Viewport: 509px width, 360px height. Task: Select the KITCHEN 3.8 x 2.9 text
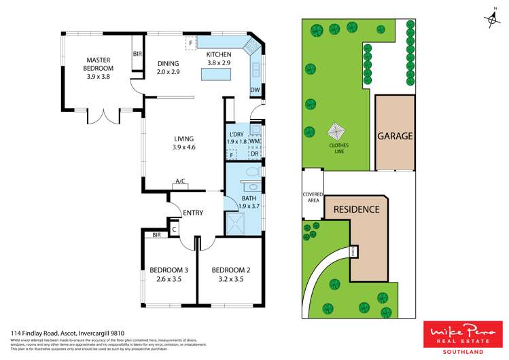[x=220, y=59]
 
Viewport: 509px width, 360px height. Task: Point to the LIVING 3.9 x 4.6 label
[x=183, y=143]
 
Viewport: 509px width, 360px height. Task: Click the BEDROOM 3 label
[x=168, y=274]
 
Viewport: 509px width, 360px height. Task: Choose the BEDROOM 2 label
[x=231, y=274]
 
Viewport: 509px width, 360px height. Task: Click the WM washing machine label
[x=255, y=141]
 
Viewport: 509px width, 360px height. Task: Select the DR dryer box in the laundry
[x=255, y=154]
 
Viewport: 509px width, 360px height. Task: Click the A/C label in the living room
[x=180, y=181]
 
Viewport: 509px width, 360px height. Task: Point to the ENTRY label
[x=192, y=213]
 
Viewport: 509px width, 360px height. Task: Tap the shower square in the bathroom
[x=237, y=221]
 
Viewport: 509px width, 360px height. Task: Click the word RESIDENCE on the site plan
[x=356, y=209]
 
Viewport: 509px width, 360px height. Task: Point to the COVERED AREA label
[x=313, y=198]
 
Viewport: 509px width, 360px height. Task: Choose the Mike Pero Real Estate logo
[x=461, y=335]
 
